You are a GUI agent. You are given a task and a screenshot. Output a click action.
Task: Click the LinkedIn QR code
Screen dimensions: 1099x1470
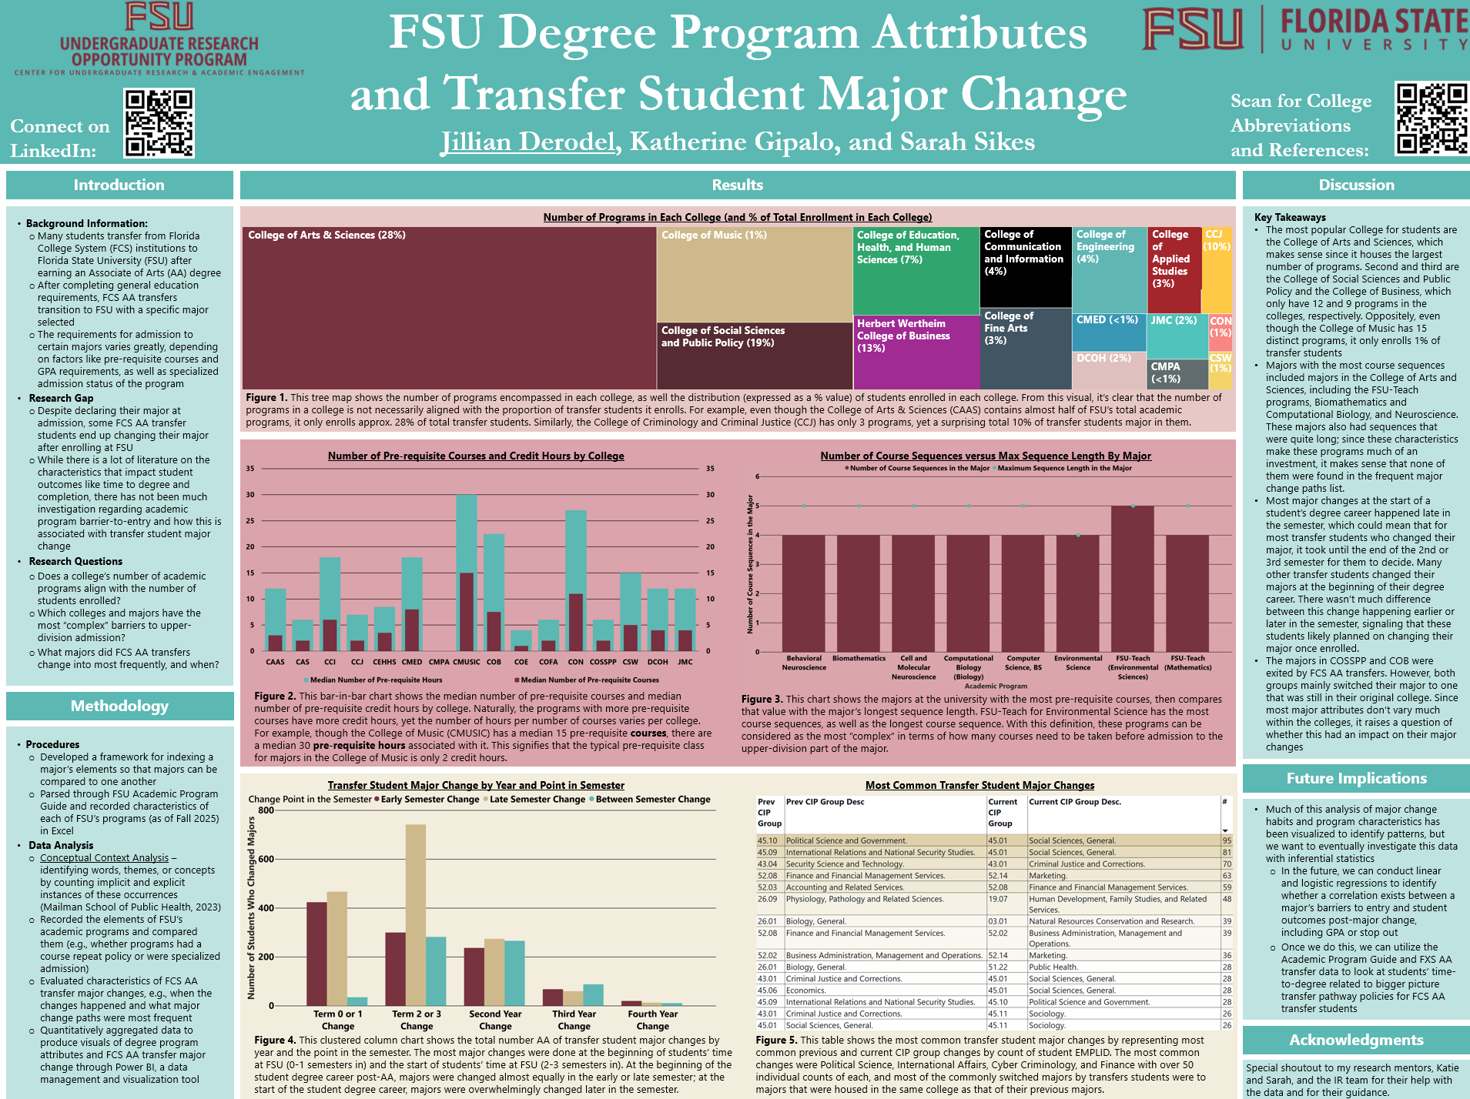pyautogui.click(x=159, y=123)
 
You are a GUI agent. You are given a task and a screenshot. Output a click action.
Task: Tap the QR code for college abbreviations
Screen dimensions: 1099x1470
pyautogui.click(x=1432, y=119)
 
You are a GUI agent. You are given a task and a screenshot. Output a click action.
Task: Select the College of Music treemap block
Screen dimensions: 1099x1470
pyautogui.click(x=754, y=274)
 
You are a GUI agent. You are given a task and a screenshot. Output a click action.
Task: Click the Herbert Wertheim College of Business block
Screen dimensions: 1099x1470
pyautogui.click(x=916, y=351)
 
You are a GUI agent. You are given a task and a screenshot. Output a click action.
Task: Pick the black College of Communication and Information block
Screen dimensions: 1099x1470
pyautogui.click(x=1025, y=266)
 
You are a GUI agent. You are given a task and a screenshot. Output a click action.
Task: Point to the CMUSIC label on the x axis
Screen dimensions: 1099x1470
pyautogui.click(x=466, y=662)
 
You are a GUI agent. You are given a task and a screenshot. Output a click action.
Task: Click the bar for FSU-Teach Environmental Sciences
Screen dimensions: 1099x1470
pyautogui.click(x=1133, y=577)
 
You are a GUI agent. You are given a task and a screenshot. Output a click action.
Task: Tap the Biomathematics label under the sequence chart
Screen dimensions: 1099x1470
pyautogui.click(x=859, y=659)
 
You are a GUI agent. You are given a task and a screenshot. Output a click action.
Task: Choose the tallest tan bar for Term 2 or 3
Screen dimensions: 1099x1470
pyautogui.click(x=415, y=914)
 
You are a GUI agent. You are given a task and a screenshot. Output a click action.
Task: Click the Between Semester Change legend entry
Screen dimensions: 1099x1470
pyautogui.click(x=651, y=800)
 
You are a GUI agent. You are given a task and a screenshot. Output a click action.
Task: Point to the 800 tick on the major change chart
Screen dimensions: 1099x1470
pyautogui.click(x=266, y=810)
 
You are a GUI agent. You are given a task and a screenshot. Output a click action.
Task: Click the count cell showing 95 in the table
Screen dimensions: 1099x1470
pyautogui.click(x=1227, y=840)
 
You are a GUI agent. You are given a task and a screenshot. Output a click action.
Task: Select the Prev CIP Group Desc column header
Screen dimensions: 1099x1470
pyautogui.click(x=825, y=802)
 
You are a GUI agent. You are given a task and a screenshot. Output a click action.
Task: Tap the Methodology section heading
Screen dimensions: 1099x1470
pyautogui.click(x=119, y=706)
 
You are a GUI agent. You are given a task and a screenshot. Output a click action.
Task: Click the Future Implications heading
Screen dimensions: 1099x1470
pyautogui.click(x=1356, y=778)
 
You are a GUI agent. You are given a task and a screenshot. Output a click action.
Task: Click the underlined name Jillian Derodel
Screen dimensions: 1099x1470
pyautogui.click(x=528, y=142)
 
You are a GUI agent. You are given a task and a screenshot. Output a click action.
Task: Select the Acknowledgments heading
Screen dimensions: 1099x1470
pyautogui.click(x=1356, y=1040)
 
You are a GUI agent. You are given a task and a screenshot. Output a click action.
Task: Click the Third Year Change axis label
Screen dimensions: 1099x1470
pyautogui.click(x=574, y=1020)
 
